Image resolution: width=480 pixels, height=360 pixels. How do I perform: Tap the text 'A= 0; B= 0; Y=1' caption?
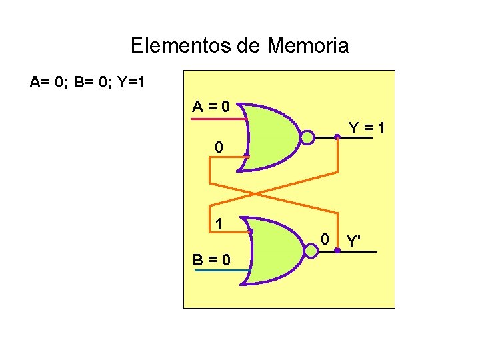87,83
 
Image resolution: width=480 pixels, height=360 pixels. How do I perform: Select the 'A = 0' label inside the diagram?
211,106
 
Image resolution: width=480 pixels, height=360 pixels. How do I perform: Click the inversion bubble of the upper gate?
307,137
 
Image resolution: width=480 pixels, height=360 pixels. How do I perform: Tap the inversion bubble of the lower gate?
311,251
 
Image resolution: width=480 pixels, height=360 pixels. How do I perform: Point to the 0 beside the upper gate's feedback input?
218,147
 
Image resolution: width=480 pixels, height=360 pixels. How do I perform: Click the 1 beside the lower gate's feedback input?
218,225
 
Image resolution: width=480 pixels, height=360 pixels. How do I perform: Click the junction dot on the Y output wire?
337,137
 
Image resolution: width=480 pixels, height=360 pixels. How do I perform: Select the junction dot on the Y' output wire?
337,251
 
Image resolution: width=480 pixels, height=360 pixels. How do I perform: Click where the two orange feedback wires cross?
254,193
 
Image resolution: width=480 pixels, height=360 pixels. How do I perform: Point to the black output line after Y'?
360,251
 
